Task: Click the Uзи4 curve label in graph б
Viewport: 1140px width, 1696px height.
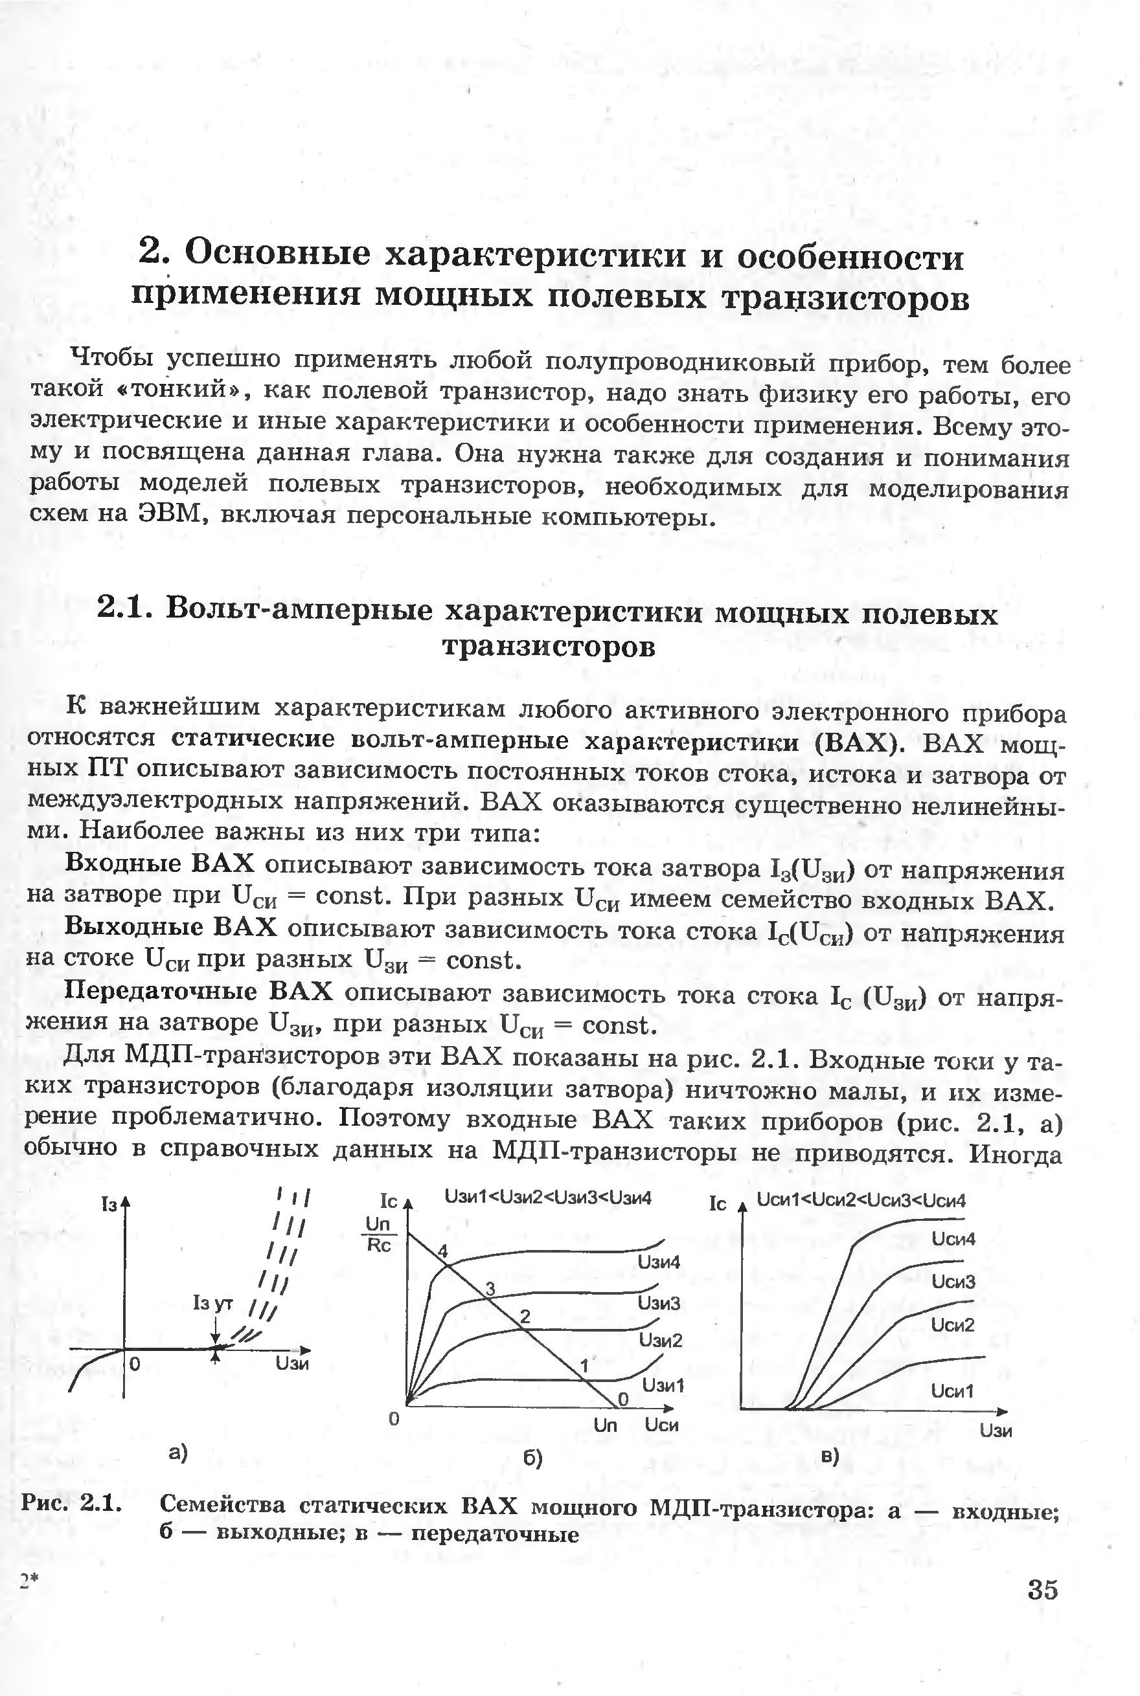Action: coord(659,1262)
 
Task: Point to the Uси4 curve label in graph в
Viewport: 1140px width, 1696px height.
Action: coord(953,1238)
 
